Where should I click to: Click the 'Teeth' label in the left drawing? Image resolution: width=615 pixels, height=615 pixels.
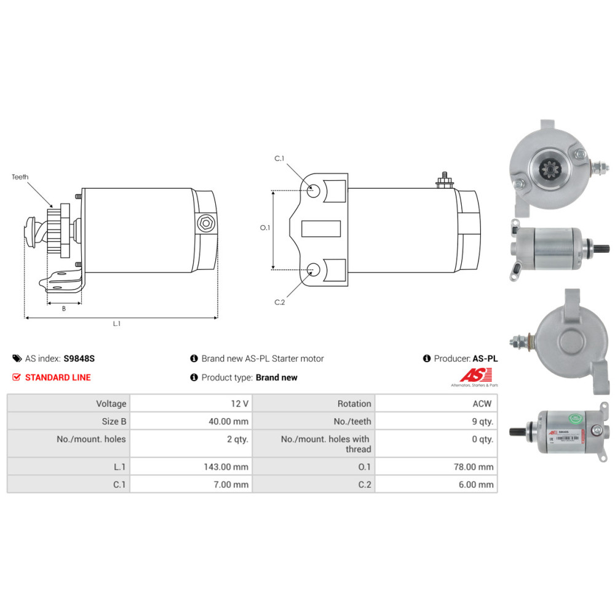tap(20, 177)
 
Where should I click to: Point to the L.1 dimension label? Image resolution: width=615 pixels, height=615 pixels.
tap(116, 323)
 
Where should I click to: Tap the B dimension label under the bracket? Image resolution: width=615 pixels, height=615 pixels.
tap(63, 309)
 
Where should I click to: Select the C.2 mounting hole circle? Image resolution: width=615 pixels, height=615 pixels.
tap(313, 269)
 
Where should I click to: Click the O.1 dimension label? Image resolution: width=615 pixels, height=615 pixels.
tap(265, 228)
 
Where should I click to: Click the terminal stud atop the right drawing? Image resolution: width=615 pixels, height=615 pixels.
tap(442, 180)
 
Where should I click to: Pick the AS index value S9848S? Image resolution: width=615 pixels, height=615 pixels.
tap(79, 359)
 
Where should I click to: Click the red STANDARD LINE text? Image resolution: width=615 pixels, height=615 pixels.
tap(58, 378)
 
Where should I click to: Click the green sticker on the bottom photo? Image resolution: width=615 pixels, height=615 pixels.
tap(576, 419)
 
